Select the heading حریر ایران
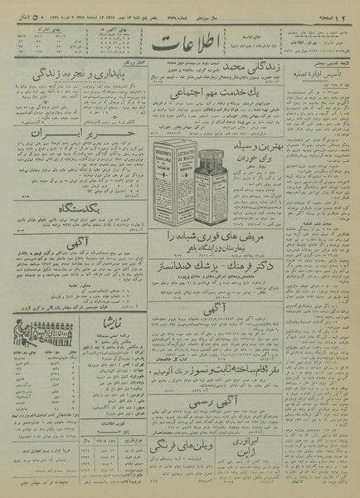coord(61,132)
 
